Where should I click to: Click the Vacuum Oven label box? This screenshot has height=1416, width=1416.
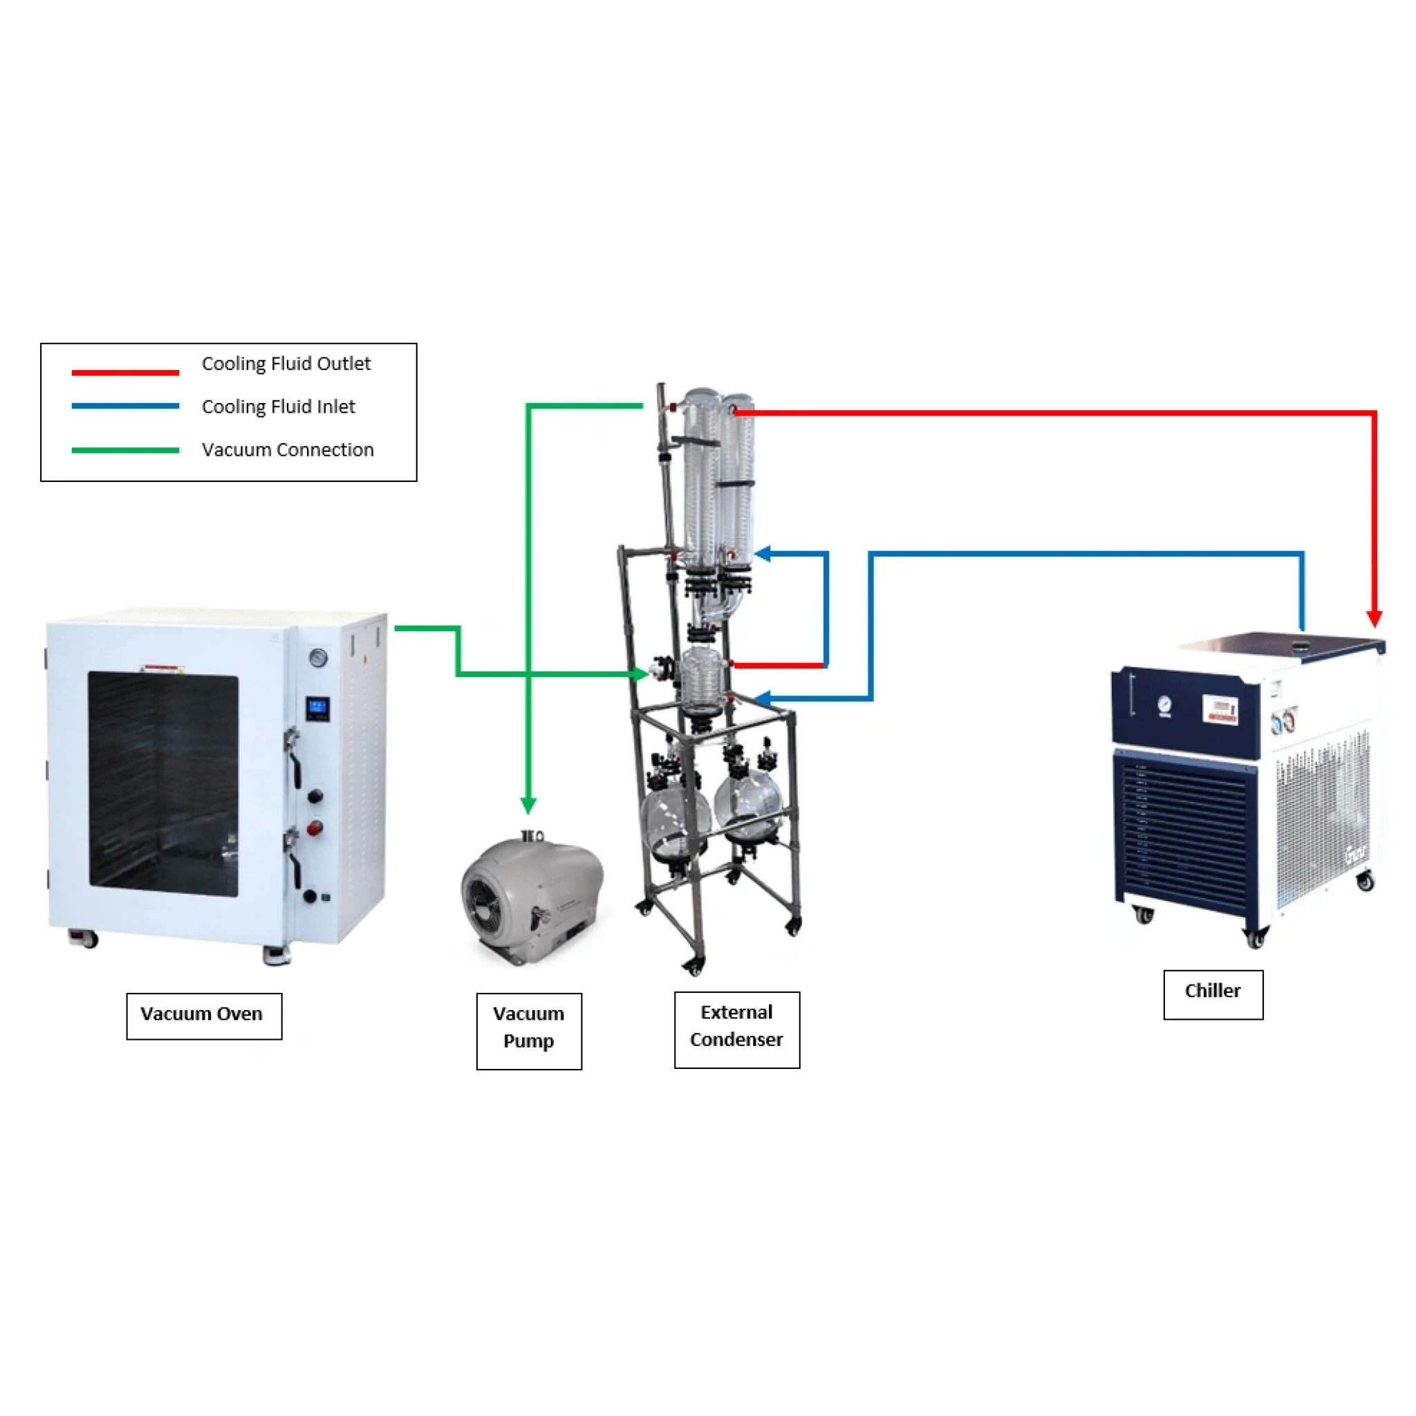pos(204,1016)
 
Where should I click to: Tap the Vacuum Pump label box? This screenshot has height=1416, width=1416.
pos(528,1031)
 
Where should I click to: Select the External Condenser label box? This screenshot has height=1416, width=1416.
pos(736,1030)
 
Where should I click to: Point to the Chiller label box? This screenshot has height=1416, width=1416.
pos(1213,994)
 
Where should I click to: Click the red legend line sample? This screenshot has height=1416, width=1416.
pos(125,373)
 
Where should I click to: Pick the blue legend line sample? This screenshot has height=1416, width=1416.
pos(125,406)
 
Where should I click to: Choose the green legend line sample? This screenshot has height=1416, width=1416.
pos(125,450)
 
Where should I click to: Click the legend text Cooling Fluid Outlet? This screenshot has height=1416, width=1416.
pos(286,364)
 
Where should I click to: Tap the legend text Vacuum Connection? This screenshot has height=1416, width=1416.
pos(288,449)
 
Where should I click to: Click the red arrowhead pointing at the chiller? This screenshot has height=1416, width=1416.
pos(1375,618)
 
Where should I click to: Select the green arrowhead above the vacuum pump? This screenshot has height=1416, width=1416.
pos(528,806)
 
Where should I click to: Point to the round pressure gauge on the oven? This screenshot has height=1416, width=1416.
pos(318,658)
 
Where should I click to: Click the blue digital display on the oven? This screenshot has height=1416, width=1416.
pos(317,709)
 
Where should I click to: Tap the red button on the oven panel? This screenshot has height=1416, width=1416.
pos(315,829)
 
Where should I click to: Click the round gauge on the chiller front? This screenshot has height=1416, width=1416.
pos(1164,707)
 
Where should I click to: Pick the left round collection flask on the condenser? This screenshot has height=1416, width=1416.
pos(676,821)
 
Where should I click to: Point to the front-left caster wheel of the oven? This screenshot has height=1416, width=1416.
pos(84,939)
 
